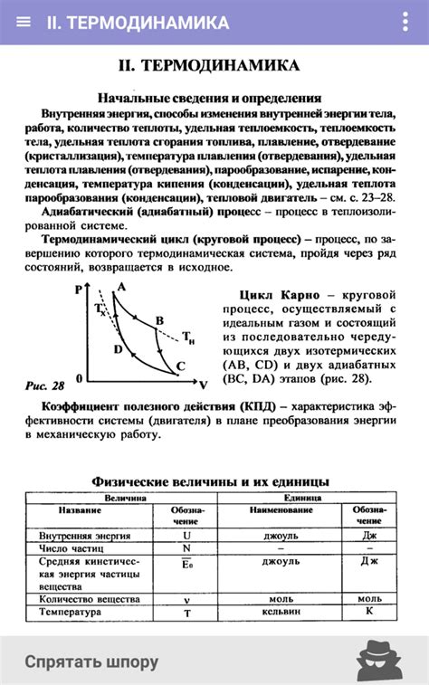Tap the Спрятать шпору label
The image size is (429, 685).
pyautogui.click(x=91, y=661)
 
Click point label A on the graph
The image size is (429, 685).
pyautogui.click(x=121, y=288)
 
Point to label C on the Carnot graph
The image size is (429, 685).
pyautogui.click(x=180, y=366)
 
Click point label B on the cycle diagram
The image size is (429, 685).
pyautogui.click(x=159, y=320)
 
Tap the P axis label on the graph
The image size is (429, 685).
pyautogui.click(x=80, y=289)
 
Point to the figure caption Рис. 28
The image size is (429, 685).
pyautogui.click(x=45, y=385)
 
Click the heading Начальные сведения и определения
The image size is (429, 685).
pyautogui.click(x=209, y=98)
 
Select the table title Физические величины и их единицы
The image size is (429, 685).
pyautogui.click(x=210, y=481)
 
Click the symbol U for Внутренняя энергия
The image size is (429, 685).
pyautogui.click(x=187, y=535)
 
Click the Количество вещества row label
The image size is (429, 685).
pyautogui.click(x=90, y=599)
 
